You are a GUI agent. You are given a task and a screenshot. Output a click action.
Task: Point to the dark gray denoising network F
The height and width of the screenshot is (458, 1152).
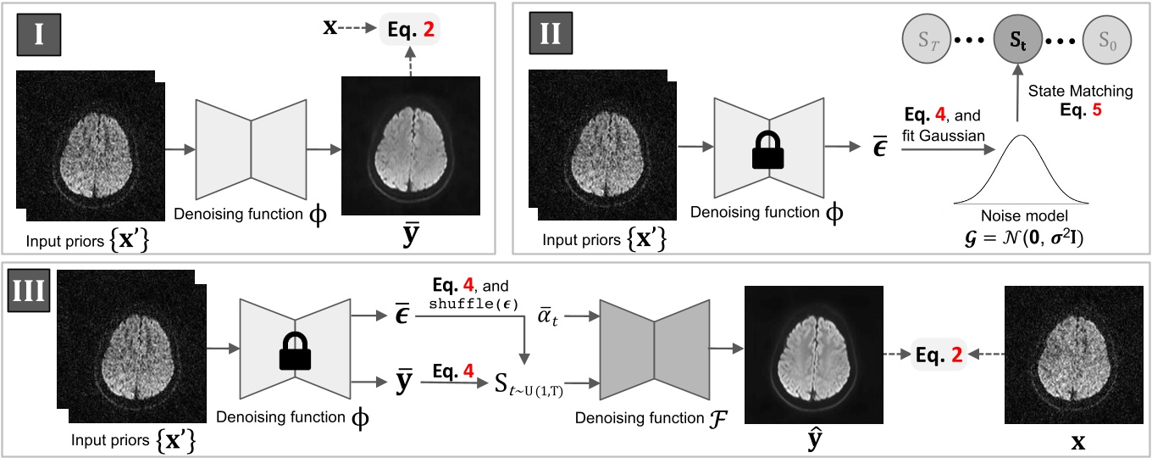tap(653, 348)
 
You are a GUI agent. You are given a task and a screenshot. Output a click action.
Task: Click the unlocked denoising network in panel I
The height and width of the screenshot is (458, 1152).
tap(252, 139)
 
